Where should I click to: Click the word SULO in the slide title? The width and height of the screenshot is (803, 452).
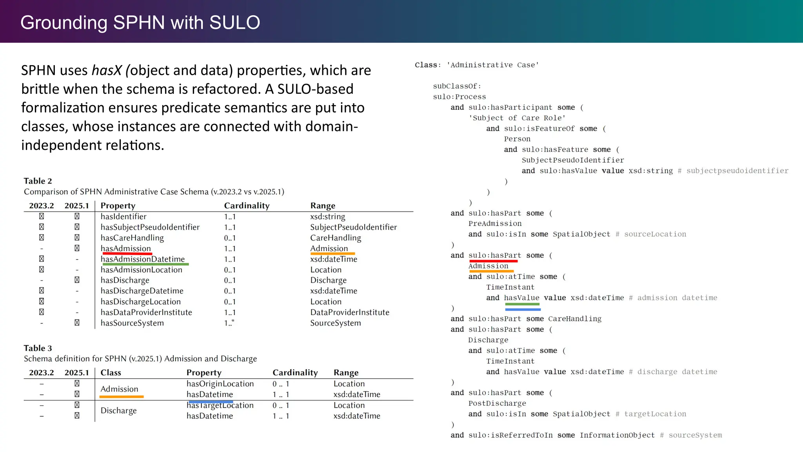[234, 22]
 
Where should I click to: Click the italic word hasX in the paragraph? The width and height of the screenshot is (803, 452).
[107, 70]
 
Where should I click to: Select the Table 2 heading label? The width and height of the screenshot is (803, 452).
[38, 181]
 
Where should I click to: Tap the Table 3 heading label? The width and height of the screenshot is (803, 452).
[38, 348]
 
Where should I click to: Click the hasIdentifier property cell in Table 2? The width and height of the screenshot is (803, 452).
[124, 217]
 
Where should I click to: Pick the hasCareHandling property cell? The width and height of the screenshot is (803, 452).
[132, 238]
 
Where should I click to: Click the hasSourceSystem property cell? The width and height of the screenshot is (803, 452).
[132, 323]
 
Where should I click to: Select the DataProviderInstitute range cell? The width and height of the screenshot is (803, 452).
[350, 312]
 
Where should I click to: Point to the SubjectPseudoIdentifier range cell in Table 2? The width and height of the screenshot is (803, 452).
[353, 227]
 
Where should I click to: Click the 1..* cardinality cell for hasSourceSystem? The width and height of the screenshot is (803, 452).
[229, 323]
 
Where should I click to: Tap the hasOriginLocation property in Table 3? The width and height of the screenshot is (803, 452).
[220, 384]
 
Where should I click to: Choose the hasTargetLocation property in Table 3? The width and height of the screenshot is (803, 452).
[220, 406]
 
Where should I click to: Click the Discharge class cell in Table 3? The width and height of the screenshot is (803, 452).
[118, 410]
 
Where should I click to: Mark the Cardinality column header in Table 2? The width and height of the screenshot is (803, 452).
[247, 206]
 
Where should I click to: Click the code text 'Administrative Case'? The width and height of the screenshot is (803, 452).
[492, 65]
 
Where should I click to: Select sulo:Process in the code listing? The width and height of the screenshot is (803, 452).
[459, 97]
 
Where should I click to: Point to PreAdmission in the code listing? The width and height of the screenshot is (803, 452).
[495, 224]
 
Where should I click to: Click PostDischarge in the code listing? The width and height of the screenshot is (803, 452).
[497, 403]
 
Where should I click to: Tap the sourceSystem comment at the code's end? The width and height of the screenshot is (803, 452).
[695, 435]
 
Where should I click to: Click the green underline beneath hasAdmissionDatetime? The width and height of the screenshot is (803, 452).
[145, 264]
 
